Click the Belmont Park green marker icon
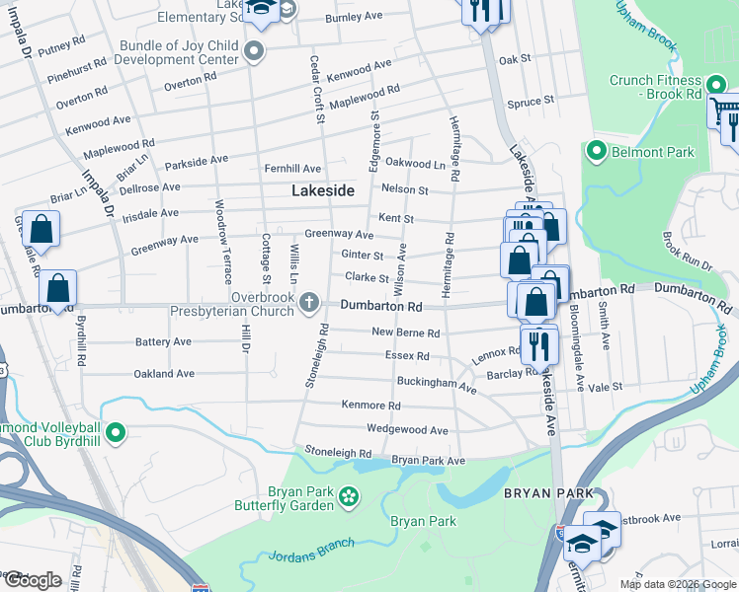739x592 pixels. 596,152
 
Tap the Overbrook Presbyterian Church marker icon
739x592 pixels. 309,301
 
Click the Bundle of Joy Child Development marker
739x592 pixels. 255,52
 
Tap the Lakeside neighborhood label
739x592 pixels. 322,191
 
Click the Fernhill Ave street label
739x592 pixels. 291,170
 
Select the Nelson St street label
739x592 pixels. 404,189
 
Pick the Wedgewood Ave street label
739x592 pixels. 407,430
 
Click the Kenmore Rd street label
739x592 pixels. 370,406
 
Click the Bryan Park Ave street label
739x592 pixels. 428,461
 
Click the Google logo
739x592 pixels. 32,580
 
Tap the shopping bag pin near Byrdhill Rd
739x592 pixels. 58,290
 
